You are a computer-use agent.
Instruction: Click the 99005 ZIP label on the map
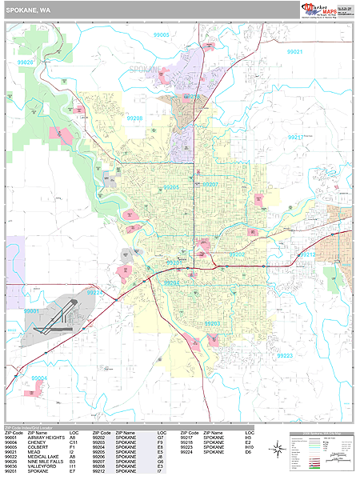coord(162,35)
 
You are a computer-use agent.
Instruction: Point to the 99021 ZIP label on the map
coord(295,51)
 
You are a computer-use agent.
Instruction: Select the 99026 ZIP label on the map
coord(26,62)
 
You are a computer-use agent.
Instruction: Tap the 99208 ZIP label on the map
coord(134,118)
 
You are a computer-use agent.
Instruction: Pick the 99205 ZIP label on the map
coord(170,187)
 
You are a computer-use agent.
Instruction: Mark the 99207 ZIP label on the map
coord(210,184)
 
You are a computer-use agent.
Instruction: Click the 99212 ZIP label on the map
coord(307,254)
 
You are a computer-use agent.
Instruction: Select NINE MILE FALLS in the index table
coord(45,462)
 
